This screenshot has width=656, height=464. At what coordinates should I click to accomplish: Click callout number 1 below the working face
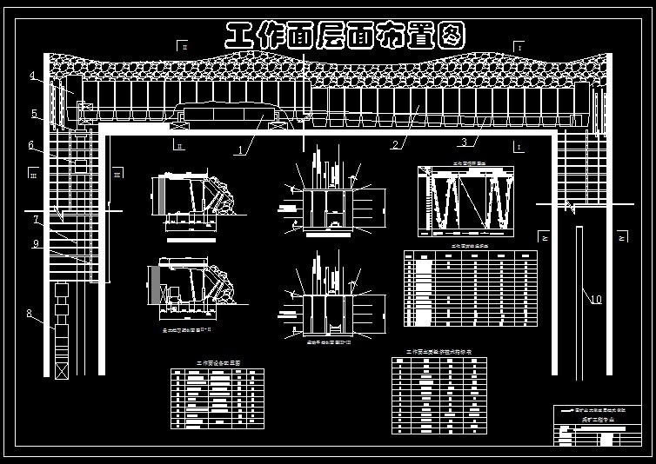pyautogui.click(x=239, y=150)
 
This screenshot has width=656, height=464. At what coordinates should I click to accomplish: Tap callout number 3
pyautogui.click(x=464, y=143)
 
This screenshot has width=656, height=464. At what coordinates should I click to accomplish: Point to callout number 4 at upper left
pyautogui.click(x=32, y=76)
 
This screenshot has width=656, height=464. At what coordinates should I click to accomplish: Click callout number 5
pyautogui.click(x=33, y=114)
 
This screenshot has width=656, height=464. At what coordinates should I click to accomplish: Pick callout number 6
pyautogui.click(x=30, y=145)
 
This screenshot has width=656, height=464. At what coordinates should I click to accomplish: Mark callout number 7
pyautogui.click(x=37, y=219)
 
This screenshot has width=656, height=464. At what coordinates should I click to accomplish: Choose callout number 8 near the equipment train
pyautogui.click(x=29, y=315)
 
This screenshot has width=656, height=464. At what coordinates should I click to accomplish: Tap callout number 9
pyautogui.click(x=36, y=244)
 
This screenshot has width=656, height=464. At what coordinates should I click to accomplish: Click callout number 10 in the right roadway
pyautogui.click(x=596, y=301)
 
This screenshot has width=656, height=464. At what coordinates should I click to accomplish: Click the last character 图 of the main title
pyautogui.click(x=449, y=35)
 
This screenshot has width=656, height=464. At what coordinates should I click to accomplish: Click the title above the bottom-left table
pyautogui.click(x=217, y=362)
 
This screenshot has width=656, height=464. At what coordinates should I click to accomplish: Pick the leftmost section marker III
pyautogui.click(x=33, y=176)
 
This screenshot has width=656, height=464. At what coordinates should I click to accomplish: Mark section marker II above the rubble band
pyautogui.click(x=183, y=45)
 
